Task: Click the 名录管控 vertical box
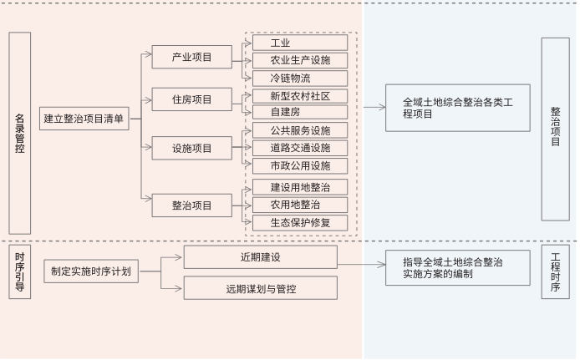(x=20, y=133)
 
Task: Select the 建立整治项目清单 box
(x=84, y=119)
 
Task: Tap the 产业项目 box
(x=191, y=58)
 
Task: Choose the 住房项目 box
(x=191, y=99)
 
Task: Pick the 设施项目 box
(x=191, y=149)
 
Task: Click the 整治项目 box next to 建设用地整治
(x=191, y=205)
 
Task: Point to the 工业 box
(x=299, y=43)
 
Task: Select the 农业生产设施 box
(x=299, y=60)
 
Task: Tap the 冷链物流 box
(x=299, y=78)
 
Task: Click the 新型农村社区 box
(x=299, y=96)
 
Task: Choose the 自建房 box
(x=299, y=112)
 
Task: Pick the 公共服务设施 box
(x=299, y=130)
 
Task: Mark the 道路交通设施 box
(x=299, y=148)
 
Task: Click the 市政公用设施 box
(x=299, y=165)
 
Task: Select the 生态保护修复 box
(x=299, y=222)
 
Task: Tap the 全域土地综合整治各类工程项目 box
(x=457, y=108)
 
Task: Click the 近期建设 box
(x=260, y=256)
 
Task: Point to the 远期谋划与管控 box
(x=260, y=289)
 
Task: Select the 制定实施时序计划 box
(x=89, y=271)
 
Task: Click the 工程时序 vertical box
(x=555, y=271)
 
